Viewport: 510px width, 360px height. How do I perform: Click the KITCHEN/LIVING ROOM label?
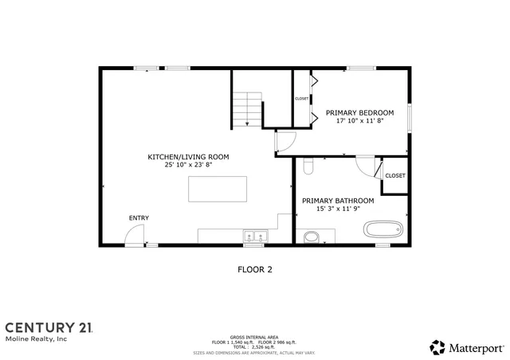[x=188, y=157]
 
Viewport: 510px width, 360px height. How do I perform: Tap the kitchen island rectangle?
[x=218, y=190]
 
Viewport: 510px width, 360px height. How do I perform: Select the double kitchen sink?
[x=255, y=237]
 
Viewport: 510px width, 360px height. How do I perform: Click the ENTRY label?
[x=139, y=218]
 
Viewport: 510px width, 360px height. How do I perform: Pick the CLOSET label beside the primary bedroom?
[x=301, y=99]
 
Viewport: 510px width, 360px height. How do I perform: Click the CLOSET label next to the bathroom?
[x=394, y=175]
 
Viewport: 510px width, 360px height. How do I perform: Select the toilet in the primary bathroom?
[x=309, y=166]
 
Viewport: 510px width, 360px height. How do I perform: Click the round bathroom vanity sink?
[x=312, y=237]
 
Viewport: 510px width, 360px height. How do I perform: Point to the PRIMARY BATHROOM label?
[x=338, y=201]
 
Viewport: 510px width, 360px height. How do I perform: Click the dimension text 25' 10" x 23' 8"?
[x=188, y=166]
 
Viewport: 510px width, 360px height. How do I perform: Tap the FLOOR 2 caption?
[x=255, y=269]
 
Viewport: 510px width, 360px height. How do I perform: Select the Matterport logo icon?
[x=437, y=347]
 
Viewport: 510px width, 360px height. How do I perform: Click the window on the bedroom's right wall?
[x=410, y=117]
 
